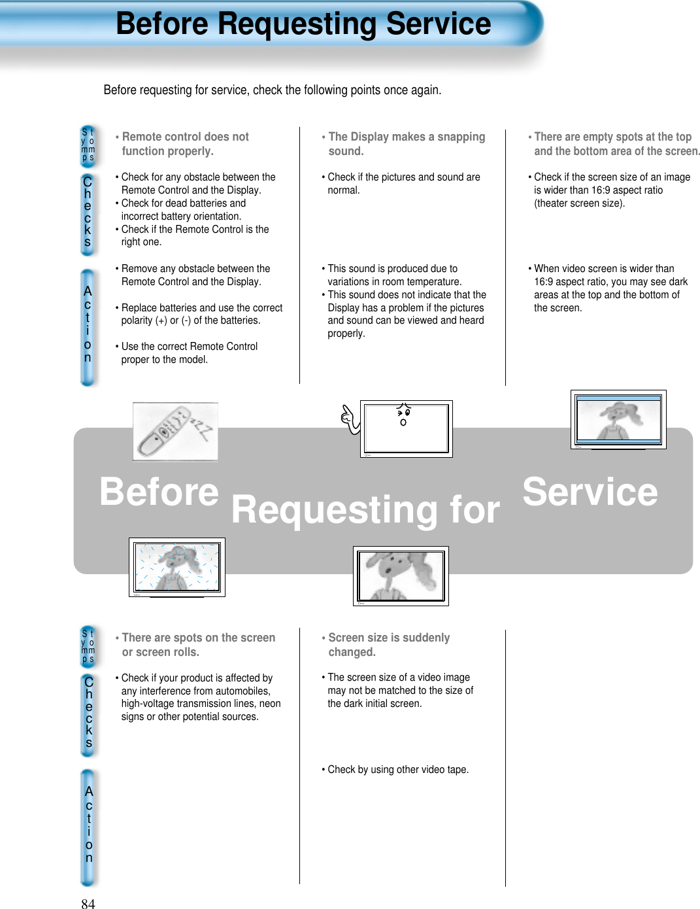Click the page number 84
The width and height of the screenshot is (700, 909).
pos(88,903)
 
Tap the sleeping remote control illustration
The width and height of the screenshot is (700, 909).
pos(175,432)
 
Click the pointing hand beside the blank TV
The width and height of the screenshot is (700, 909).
pos(351,419)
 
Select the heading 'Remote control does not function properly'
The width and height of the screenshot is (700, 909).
pos(185,144)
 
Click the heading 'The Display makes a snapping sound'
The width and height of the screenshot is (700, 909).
pos(406,144)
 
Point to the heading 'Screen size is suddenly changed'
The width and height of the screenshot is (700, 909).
pos(388,644)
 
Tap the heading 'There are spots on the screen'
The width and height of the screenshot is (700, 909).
pos(198,644)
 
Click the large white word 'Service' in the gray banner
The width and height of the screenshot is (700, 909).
pos(590,492)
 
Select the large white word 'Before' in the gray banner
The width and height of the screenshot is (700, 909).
pos(159,492)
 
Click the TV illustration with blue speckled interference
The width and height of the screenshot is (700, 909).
pos(176,567)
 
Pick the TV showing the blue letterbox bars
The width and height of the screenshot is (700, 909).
pos(618,419)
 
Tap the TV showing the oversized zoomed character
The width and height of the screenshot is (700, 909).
pos(401,575)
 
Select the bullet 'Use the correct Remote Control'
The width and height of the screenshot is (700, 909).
pos(189,347)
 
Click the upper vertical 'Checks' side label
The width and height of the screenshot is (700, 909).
pos(88,212)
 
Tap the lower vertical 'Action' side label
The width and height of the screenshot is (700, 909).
pos(89,825)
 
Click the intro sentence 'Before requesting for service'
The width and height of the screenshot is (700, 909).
pos(272,90)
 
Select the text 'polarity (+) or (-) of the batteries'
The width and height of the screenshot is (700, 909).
pos(190,320)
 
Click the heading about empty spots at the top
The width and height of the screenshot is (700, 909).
pos(613,144)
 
